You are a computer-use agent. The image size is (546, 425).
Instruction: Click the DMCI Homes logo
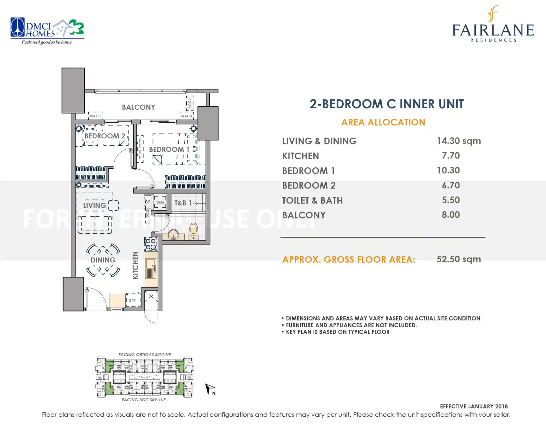pos(47,31)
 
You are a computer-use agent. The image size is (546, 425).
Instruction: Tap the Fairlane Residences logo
pos(493,24)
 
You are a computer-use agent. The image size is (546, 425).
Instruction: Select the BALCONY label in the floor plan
pos(138,107)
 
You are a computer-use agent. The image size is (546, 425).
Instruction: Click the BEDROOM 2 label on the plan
pos(105,136)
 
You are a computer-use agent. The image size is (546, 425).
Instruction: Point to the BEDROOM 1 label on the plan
pos(169,149)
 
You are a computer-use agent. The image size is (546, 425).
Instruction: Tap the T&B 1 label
pos(183,203)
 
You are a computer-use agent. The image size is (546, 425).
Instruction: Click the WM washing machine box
pos(160,202)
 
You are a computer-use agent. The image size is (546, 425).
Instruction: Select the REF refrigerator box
pos(133,300)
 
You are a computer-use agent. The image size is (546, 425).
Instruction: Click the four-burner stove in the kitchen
pos(151,244)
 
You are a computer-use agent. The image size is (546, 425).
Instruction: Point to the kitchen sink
pos(151,269)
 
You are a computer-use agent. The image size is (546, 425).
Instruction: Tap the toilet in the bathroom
pos(193,232)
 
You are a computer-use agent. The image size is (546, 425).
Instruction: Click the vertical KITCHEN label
pos(135,265)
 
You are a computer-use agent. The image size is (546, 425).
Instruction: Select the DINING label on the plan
pos(103,260)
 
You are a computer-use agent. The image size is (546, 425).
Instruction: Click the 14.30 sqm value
pos(459,141)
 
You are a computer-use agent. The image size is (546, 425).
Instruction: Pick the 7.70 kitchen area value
pos(451,156)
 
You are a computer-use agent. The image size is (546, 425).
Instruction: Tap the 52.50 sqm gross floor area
pos(459,259)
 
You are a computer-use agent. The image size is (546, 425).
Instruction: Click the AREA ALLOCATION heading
pos(383,122)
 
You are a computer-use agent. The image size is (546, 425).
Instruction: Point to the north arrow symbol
pos(210,389)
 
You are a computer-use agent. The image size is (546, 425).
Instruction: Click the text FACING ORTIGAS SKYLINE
pos(145,355)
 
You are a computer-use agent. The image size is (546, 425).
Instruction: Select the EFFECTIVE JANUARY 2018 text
pos(474,406)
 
